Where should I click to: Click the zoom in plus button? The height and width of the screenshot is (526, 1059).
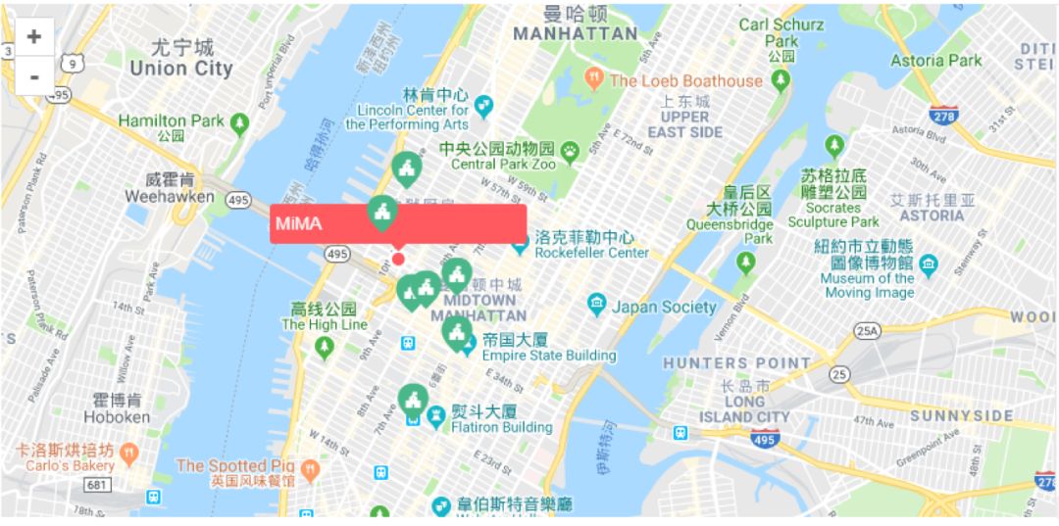(x=34, y=36)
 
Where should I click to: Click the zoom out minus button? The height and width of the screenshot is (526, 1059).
(x=34, y=75)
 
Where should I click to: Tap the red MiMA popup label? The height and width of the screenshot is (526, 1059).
(x=397, y=223)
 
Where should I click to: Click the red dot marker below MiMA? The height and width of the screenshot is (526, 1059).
(x=398, y=259)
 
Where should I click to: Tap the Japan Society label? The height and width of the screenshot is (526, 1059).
(x=664, y=307)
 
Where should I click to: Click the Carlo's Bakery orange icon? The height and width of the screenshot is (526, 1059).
(x=128, y=454)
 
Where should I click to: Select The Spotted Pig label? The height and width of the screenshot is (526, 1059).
(x=235, y=466)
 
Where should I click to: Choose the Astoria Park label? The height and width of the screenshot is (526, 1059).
(x=935, y=61)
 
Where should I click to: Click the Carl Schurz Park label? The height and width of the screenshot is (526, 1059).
(x=782, y=32)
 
